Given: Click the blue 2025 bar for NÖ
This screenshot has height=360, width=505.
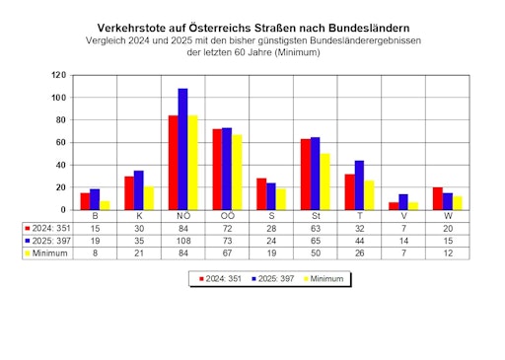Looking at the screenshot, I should click(x=182, y=149).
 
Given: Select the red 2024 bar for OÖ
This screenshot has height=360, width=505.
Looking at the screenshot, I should click(x=217, y=170).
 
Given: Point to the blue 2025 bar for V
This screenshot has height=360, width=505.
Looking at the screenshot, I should click(x=402, y=202).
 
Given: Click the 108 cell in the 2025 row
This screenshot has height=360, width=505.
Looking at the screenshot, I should click(x=182, y=240).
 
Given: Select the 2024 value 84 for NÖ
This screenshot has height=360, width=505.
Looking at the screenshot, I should click(x=182, y=227).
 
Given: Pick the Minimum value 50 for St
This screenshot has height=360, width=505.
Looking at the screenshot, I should click(x=315, y=252).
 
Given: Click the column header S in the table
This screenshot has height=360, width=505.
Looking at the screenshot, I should click(x=270, y=215).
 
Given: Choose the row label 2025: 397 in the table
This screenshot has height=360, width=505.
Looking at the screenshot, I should click(x=47, y=240).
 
